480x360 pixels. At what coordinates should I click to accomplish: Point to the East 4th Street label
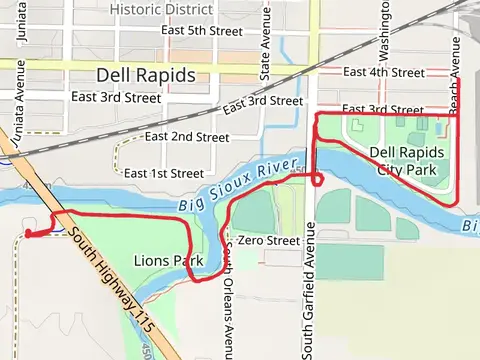383,72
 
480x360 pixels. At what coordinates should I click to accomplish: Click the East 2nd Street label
187,136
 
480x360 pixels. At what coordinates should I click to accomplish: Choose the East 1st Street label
164,173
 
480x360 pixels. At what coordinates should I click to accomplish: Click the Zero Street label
267,241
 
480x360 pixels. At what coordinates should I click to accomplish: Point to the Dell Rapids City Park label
404,161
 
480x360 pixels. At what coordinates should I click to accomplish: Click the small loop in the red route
317,179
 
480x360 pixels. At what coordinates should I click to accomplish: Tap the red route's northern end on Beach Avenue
457,79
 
